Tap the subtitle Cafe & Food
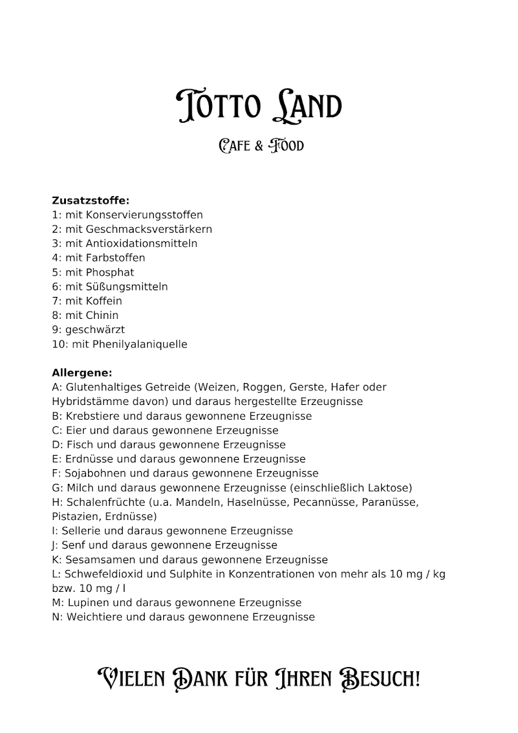(x=261, y=145)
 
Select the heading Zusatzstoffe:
(x=90, y=200)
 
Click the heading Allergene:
(x=82, y=373)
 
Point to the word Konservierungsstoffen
(x=144, y=215)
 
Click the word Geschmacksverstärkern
(x=149, y=229)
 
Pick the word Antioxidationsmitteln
(x=141, y=244)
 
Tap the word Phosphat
(x=110, y=272)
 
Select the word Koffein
(x=104, y=301)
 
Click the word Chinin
(x=102, y=315)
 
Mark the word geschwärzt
(x=95, y=330)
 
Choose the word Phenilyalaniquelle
(x=140, y=345)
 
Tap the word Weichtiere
(x=95, y=617)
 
